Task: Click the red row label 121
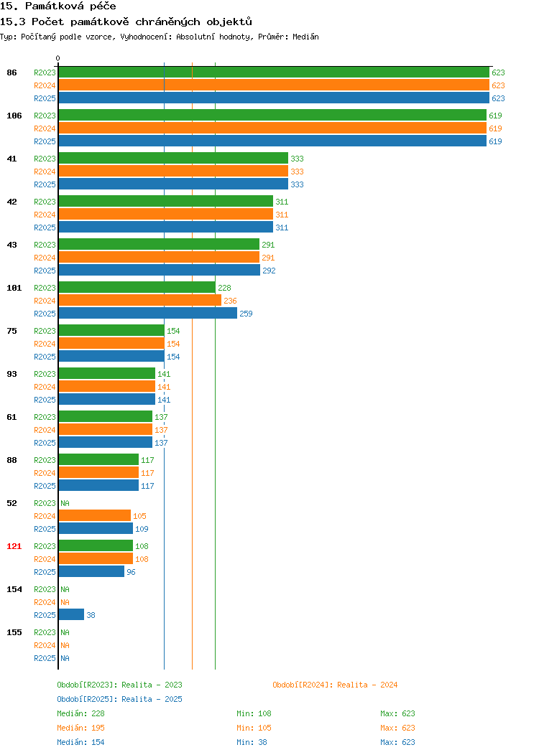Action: point(14,546)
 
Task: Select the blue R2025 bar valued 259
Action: point(148,314)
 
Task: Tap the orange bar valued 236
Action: point(140,301)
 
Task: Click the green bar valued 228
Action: point(137,288)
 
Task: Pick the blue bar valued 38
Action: point(71,615)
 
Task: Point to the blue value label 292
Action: point(269,271)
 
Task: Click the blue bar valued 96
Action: point(91,571)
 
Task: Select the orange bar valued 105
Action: point(94,516)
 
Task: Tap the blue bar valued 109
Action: point(96,529)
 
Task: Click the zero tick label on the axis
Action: point(58,58)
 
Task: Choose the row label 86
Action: point(12,72)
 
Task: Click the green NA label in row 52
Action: point(65,503)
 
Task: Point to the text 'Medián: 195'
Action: point(80,728)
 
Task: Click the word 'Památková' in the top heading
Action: point(54,6)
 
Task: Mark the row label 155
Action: point(14,632)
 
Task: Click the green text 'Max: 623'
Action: point(397,713)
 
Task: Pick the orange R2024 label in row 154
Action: point(45,602)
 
